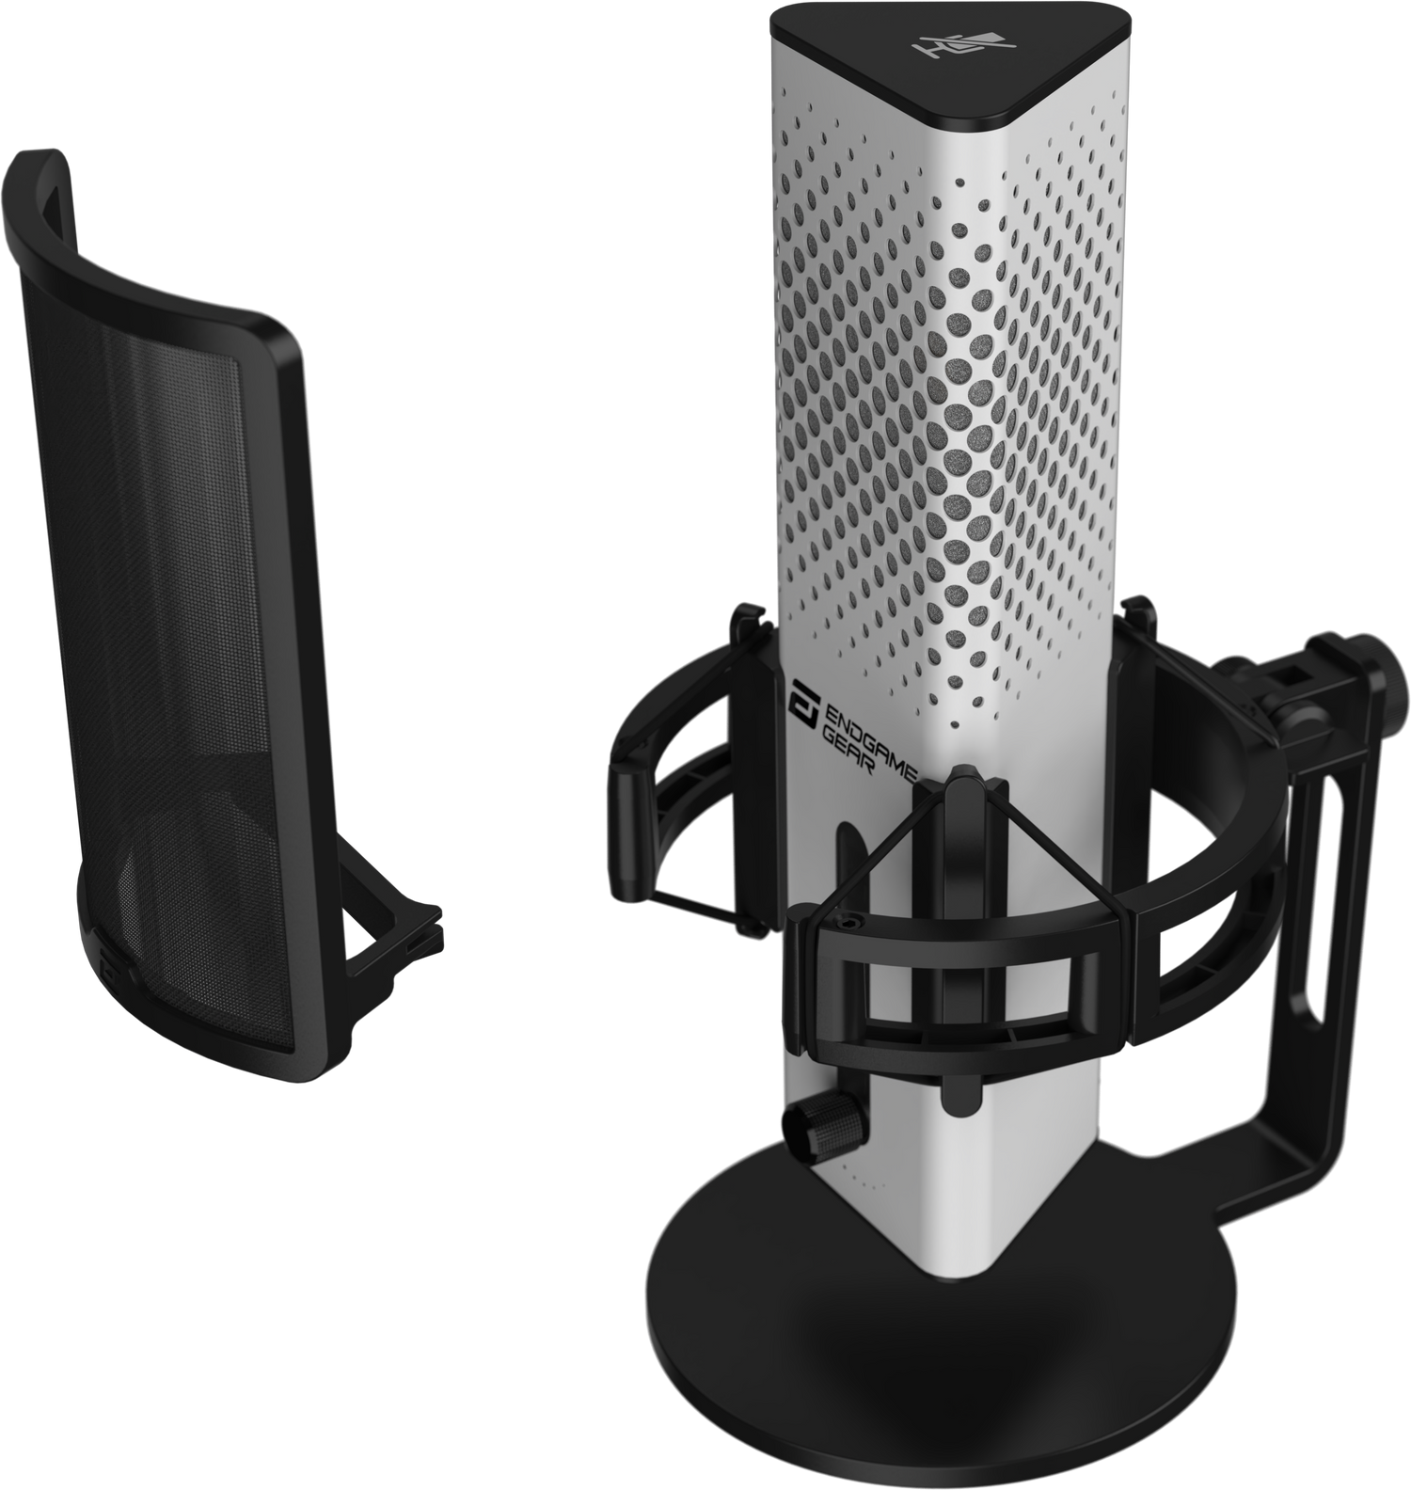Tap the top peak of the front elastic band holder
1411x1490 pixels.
[961, 777]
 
